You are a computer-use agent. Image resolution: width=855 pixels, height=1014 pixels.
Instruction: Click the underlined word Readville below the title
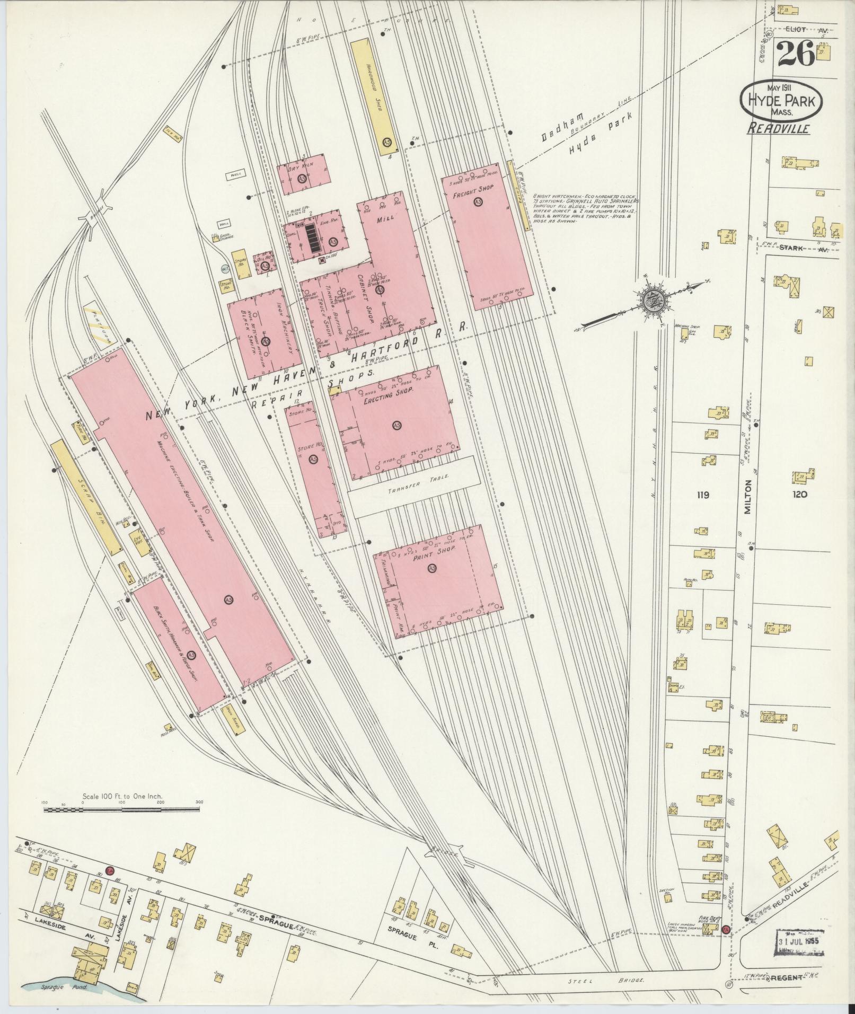(778, 128)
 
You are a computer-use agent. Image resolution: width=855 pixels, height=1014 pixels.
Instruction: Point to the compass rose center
(650, 301)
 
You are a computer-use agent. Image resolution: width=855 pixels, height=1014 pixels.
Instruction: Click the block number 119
(703, 496)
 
